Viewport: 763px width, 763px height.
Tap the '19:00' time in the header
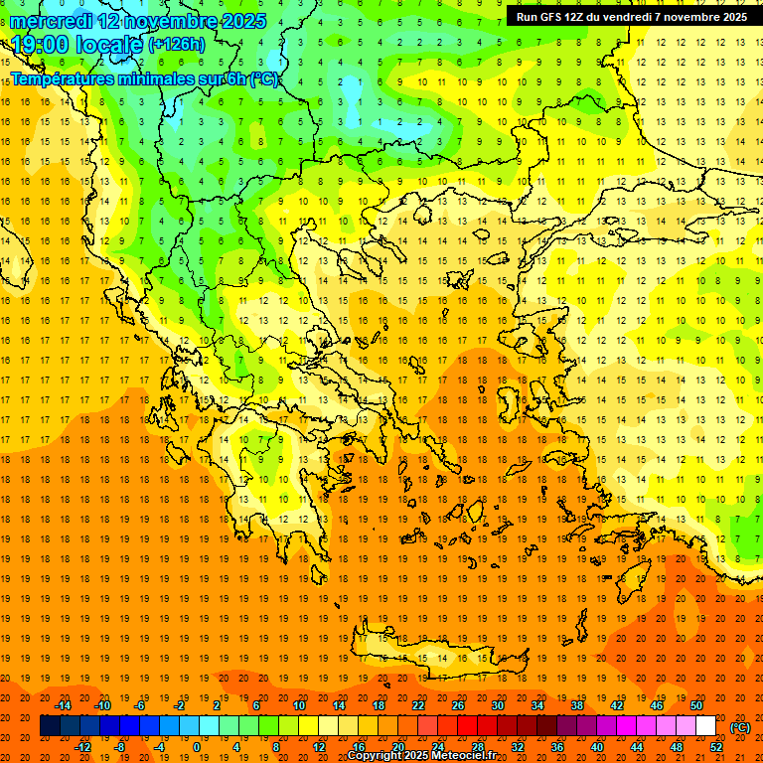(40, 45)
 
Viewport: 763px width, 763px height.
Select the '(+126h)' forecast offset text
(177, 45)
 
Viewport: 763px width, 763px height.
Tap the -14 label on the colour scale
(64, 705)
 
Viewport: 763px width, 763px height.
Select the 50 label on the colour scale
(696, 705)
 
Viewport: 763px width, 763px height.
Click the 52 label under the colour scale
(716, 747)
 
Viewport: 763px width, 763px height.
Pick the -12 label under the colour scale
(83, 747)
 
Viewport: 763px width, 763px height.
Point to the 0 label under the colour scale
(196, 747)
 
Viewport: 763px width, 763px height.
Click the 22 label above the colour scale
(418, 705)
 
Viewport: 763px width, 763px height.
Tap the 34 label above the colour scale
(537, 705)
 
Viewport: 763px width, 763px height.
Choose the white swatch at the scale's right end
(705, 726)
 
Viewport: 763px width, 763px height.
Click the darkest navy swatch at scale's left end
(50, 726)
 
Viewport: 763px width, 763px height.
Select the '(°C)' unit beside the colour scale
(740, 727)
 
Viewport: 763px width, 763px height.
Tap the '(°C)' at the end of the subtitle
(263, 78)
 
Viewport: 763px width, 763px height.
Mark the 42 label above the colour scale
(617, 705)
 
